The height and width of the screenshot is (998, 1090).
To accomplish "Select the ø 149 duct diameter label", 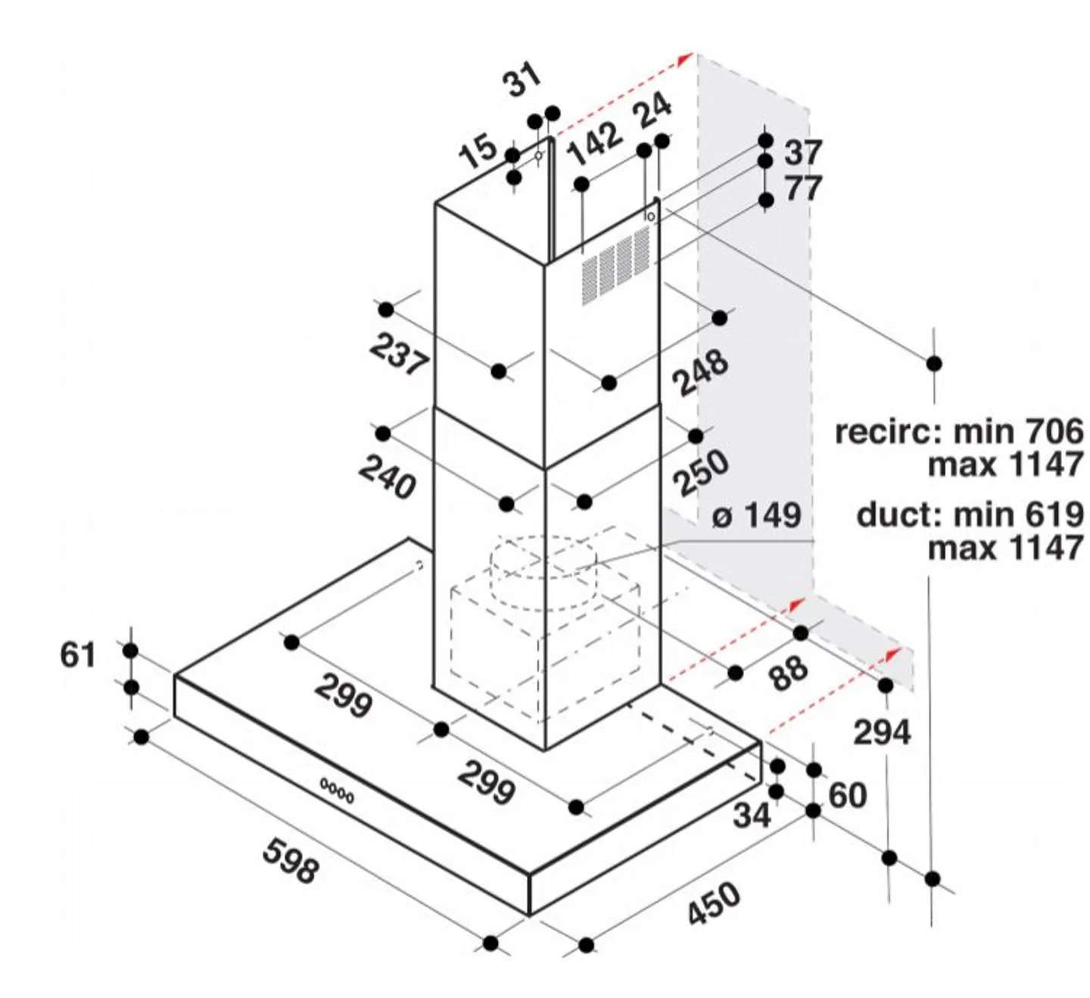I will (x=756, y=515).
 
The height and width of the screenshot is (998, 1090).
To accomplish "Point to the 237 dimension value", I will (x=399, y=354).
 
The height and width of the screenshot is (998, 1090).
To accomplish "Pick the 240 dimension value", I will (x=387, y=477).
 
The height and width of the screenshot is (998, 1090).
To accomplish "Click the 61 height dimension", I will (x=78, y=654).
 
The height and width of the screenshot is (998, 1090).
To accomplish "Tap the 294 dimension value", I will (x=883, y=732).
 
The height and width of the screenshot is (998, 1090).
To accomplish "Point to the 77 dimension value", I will (x=803, y=188).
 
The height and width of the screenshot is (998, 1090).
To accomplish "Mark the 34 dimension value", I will (x=752, y=815).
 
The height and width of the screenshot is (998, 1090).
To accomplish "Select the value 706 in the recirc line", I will (x=1054, y=431).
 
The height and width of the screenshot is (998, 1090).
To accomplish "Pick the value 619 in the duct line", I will (x=1054, y=515).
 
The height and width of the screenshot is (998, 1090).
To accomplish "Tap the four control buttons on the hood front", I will (x=336, y=791).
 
